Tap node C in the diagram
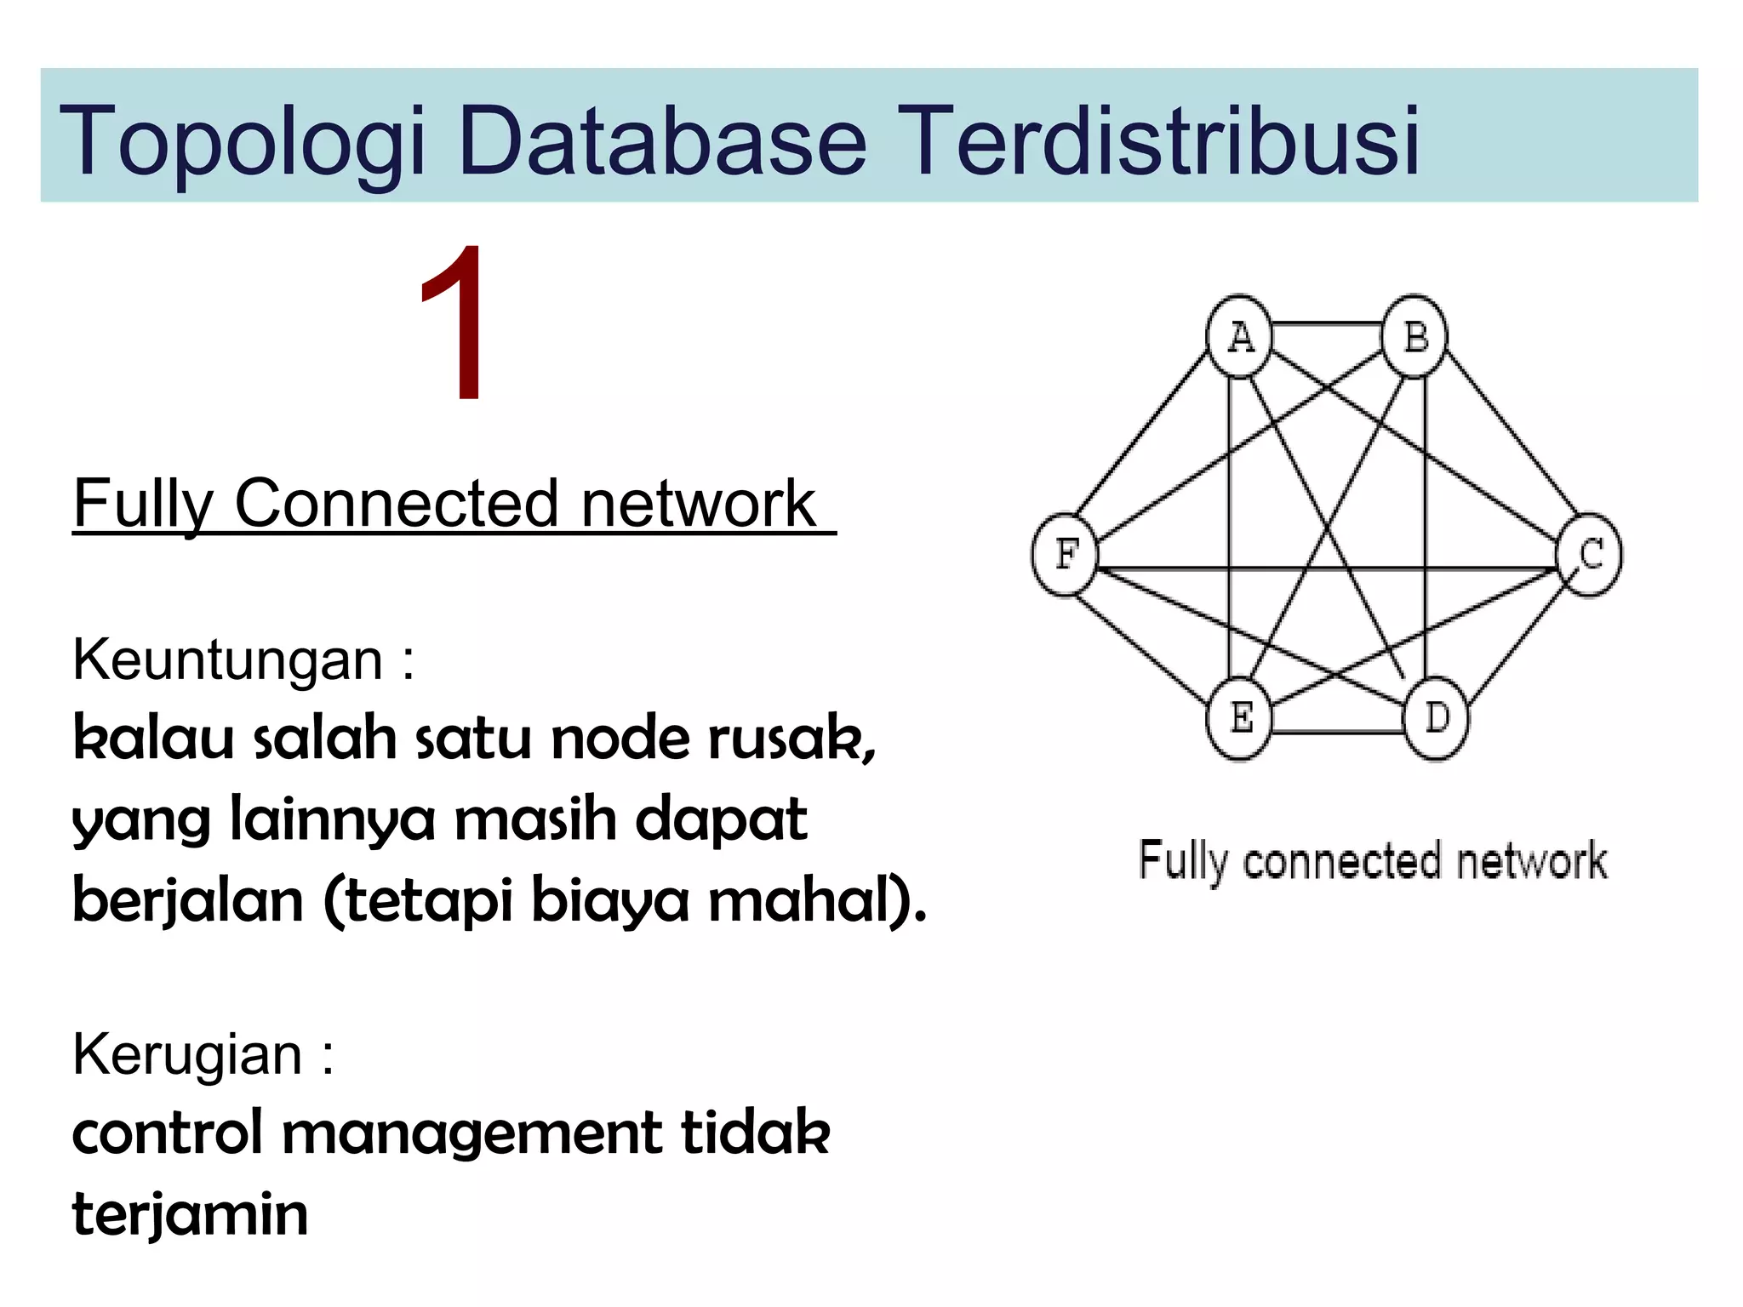(x=1589, y=555)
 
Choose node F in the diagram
(x=1065, y=555)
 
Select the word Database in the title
(x=662, y=140)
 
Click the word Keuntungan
(x=228, y=659)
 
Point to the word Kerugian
(x=187, y=1054)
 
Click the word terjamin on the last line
(x=190, y=1214)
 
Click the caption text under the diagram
(x=1373, y=861)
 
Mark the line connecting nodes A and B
(x=1326, y=324)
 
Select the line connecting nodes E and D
(x=1336, y=731)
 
